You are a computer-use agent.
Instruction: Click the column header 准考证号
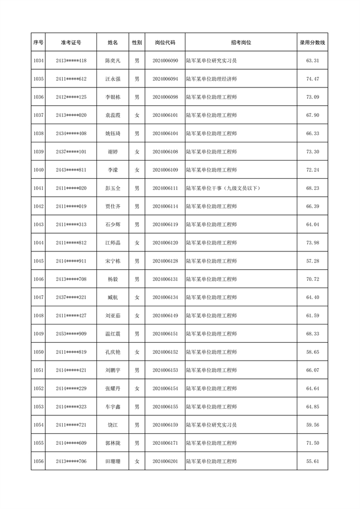coord(71,43)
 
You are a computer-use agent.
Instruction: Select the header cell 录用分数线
coord(312,43)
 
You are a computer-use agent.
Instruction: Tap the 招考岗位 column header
coord(240,43)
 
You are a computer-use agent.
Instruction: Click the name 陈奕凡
coord(112,61)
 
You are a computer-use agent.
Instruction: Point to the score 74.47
coord(312,79)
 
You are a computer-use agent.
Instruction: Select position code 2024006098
coord(165,97)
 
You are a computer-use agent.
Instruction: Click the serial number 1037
coord(38,115)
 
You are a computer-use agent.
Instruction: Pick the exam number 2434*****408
coord(71,133)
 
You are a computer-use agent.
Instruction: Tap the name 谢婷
coord(112,152)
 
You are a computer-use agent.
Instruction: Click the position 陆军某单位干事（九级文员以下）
coord(223,188)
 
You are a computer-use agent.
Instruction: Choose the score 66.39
coord(312,207)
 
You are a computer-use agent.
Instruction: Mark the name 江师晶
coord(112,243)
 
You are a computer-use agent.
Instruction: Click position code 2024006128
coord(165,261)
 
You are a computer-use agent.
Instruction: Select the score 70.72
coord(312,279)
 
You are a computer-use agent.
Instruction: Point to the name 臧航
coord(112,297)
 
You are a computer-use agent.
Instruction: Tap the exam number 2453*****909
coord(71,334)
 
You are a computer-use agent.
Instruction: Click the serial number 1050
coord(38,352)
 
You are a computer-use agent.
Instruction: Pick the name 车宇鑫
coord(112,407)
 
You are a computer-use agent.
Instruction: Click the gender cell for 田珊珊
coord(137,461)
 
